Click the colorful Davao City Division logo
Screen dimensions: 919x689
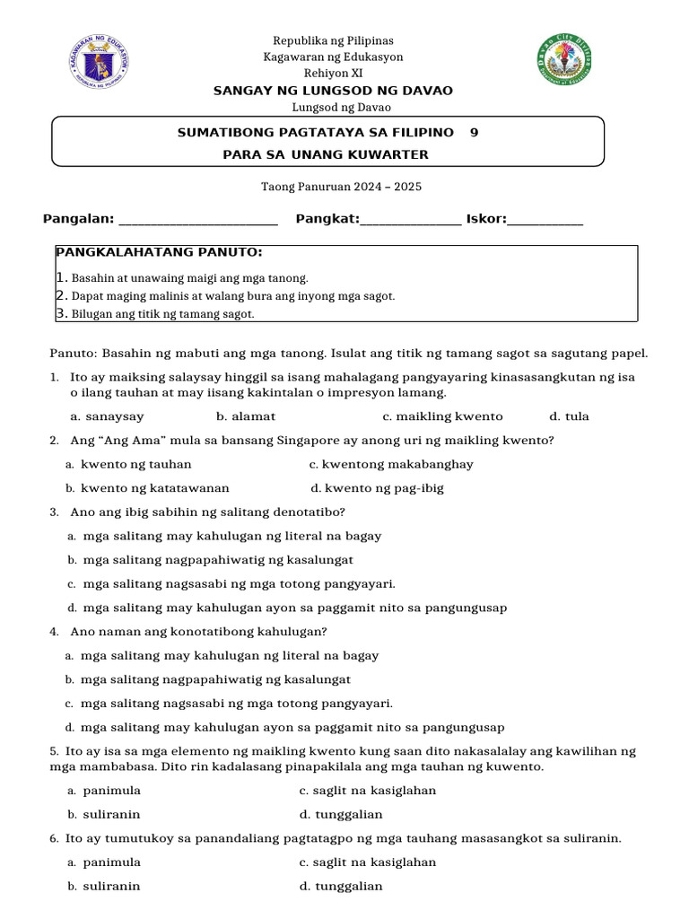click(x=563, y=60)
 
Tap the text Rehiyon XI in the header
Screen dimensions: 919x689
click(x=333, y=73)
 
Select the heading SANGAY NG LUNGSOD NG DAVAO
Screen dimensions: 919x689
click(x=333, y=91)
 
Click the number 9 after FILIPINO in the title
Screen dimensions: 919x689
click(x=474, y=132)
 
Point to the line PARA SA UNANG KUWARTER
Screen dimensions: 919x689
click(x=326, y=154)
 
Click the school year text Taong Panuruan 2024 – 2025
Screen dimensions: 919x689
click(x=341, y=187)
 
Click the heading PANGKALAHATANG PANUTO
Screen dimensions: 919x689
click(x=159, y=253)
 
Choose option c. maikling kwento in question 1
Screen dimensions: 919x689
click(x=442, y=416)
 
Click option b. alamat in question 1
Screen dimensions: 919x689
click(x=246, y=416)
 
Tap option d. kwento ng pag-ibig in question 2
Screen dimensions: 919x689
click(x=377, y=488)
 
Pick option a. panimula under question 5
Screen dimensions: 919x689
click(x=104, y=791)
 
